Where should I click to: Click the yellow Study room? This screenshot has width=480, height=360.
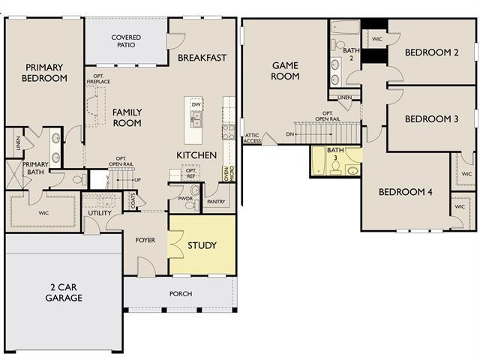pos(202,245)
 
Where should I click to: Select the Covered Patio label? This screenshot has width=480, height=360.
pos(126,43)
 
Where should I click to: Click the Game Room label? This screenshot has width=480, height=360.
pos(285,70)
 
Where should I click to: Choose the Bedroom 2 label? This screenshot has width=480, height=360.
pos(431,52)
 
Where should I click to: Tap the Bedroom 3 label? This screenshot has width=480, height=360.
pos(431,118)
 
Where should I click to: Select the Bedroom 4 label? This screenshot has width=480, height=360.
pos(405,192)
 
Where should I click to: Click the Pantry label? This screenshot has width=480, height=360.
pos(217,202)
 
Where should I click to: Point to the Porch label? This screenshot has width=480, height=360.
pos(181,293)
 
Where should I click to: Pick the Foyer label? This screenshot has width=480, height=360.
pos(145,241)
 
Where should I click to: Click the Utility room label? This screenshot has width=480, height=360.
pos(99,214)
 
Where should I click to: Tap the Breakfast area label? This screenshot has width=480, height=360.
pos(202,58)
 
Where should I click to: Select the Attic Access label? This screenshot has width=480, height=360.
pos(253,138)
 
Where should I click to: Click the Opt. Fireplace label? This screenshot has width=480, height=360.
pos(97,79)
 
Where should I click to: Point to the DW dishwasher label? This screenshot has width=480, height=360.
pos(196,105)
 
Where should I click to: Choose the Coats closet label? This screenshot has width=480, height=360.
pos(133,201)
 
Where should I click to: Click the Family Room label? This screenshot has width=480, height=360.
pos(127,118)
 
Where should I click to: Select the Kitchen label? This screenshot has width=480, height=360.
pos(196,155)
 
